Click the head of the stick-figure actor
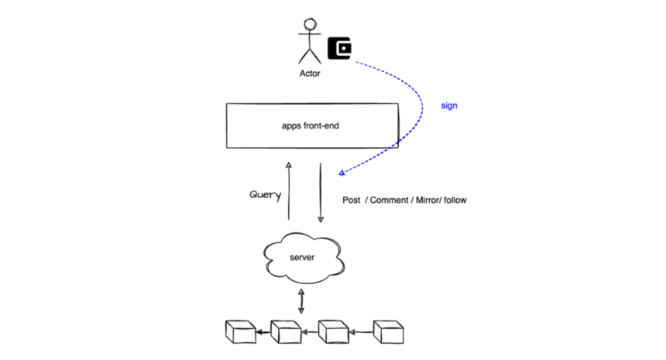pos(310,24)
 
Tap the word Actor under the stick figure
pos(310,74)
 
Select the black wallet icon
pos(339,48)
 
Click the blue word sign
pos(449,106)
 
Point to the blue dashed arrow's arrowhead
pos(342,173)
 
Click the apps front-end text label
pos(311,125)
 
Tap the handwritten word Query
pos(266,195)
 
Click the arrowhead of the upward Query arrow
pos(289,165)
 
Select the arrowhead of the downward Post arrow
pos(321,219)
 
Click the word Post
pos(352,200)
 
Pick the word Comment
pos(389,200)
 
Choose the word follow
pos(455,200)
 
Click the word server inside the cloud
pos(302,257)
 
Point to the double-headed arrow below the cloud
pos(301,301)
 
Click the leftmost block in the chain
pos(240,332)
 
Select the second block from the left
pos(286,332)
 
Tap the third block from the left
pos(334,332)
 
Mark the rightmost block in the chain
pos(388,332)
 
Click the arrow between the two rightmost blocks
pos(361,332)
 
